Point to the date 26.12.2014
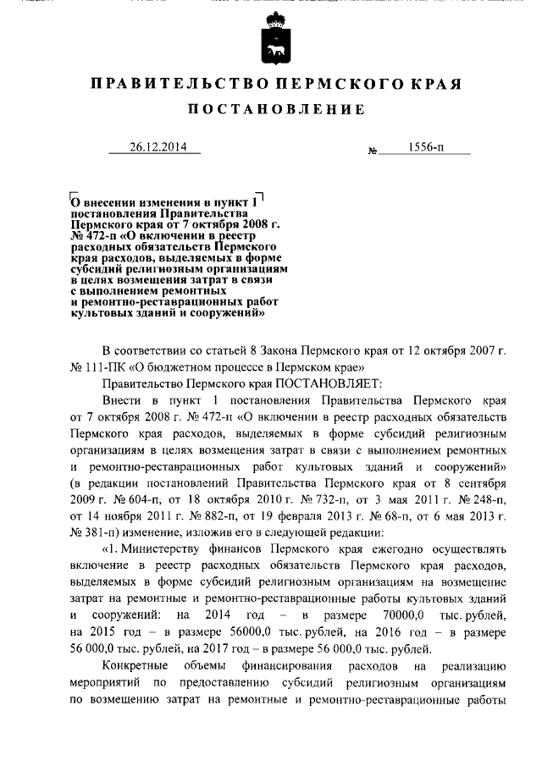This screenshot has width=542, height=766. pos(155,146)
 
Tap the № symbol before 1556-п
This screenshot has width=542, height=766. pos(373,152)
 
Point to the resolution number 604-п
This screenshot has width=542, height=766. pos(142,498)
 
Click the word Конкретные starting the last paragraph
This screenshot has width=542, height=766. pos(131,668)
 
